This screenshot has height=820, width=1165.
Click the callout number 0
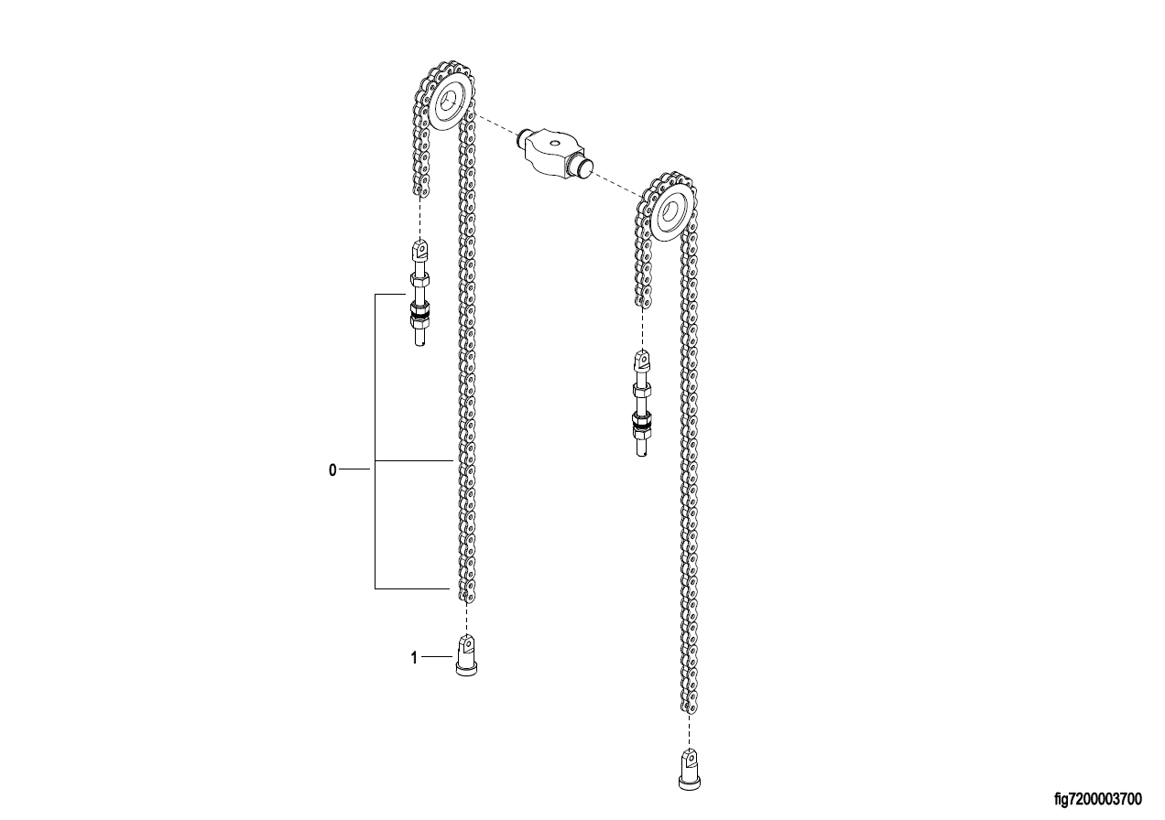(x=332, y=470)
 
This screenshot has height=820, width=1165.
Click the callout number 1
(x=414, y=658)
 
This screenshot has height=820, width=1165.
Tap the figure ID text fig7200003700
(x=1098, y=799)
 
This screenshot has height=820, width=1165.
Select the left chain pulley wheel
(x=451, y=105)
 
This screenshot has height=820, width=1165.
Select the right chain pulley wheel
(x=673, y=214)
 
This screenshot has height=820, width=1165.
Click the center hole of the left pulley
(x=450, y=104)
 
